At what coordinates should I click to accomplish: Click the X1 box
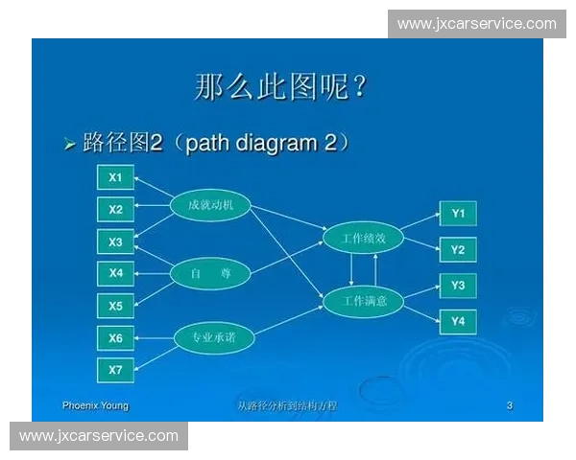point(115,177)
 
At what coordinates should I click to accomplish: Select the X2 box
point(115,209)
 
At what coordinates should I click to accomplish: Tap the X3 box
point(115,241)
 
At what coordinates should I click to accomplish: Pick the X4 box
point(115,273)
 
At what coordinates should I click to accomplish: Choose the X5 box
point(115,306)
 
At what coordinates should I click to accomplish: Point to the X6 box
point(115,337)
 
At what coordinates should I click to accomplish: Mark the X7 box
point(115,369)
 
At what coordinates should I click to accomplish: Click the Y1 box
point(458,213)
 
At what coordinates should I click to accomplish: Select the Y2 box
point(458,250)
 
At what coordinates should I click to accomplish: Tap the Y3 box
point(458,286)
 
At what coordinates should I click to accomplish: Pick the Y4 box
point(458,321)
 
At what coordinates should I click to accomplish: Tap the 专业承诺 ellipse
point(213,337)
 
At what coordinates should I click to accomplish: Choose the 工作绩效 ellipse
point(364,238)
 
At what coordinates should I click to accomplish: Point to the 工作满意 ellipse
point(364,302)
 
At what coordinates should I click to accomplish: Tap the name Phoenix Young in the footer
point(95,405)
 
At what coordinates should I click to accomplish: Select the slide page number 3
point(510,405)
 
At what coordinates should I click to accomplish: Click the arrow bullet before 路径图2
point(69,145)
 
